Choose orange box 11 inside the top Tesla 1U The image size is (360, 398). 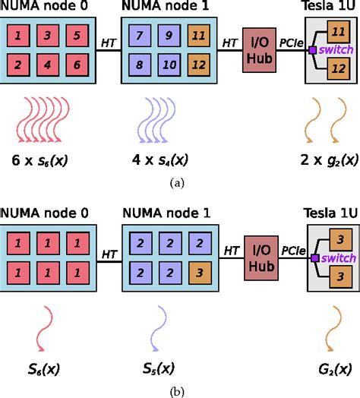[336, 33]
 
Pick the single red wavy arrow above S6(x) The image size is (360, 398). [47, 321]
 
